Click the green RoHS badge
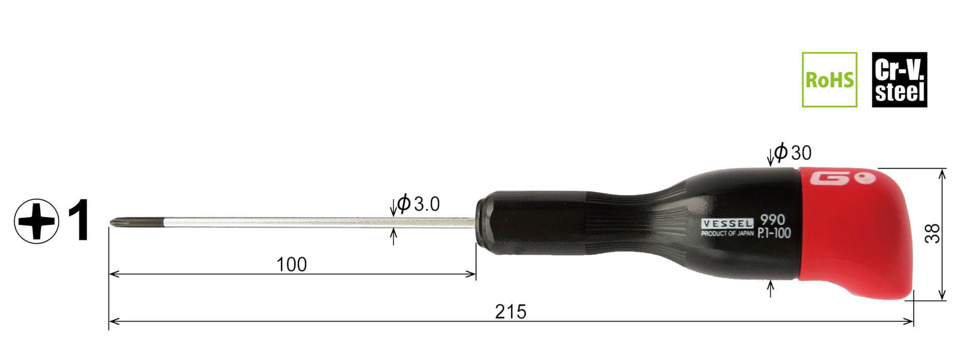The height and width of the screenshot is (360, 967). tap(829, 80)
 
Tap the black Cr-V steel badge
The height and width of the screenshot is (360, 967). tap(899, 80)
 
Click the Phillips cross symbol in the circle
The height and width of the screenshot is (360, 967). tap(36, 221)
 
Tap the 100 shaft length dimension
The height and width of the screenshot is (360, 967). tap(292, 264)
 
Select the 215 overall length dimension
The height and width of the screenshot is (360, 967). tap(510, 312)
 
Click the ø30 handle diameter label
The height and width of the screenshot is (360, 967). tap(793, 152)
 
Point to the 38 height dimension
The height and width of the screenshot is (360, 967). tap(933, 233)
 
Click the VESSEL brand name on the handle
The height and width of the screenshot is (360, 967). tap(727, 224)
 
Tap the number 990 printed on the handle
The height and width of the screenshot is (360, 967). tap(773, 220)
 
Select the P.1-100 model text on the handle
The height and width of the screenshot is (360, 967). tap(774, 233)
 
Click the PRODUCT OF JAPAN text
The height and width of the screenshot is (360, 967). tap(727, 233)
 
